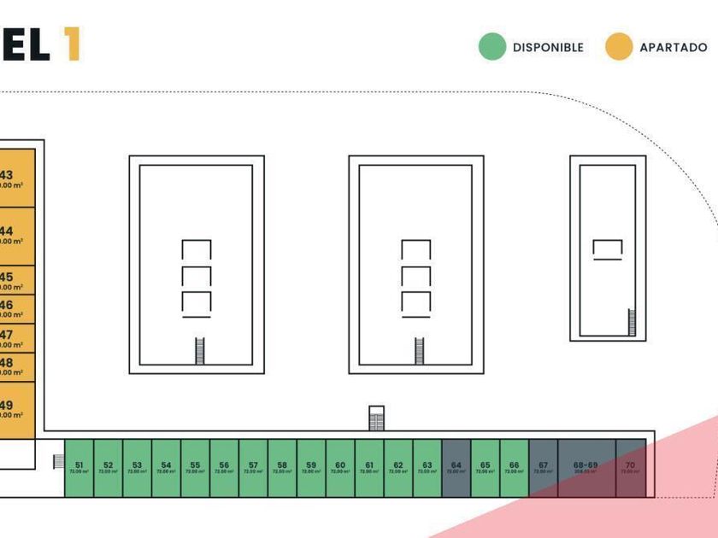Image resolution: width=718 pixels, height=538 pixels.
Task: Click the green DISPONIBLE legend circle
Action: pos(492,47)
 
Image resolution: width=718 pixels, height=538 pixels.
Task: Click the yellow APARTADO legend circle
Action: pos(619,47)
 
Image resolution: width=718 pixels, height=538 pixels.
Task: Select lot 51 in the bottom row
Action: pos(79,468)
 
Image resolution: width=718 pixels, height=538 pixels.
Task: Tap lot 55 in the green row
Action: pos(195,468)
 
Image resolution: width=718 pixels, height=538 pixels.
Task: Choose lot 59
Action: pos(311,468)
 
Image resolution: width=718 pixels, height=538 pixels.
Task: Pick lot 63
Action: pos(427,468)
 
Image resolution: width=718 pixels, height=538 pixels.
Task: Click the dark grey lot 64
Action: pos(456,468)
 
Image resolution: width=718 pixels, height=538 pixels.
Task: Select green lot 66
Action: pos(514,468)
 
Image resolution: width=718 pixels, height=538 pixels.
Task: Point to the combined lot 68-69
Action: pos(586,468)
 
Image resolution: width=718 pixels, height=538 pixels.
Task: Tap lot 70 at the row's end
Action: pos(631,468)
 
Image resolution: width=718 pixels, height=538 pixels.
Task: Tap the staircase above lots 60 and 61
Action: pos(377,418)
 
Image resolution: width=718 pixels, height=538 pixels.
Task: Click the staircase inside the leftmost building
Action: pos(201,351)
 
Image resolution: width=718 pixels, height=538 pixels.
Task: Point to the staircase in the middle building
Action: pos(420,351)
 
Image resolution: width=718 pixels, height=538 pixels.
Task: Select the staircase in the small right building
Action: pos(632,322)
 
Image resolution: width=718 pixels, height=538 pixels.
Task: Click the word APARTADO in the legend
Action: pos(674,48)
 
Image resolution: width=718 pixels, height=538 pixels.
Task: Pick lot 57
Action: pos(253,468)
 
